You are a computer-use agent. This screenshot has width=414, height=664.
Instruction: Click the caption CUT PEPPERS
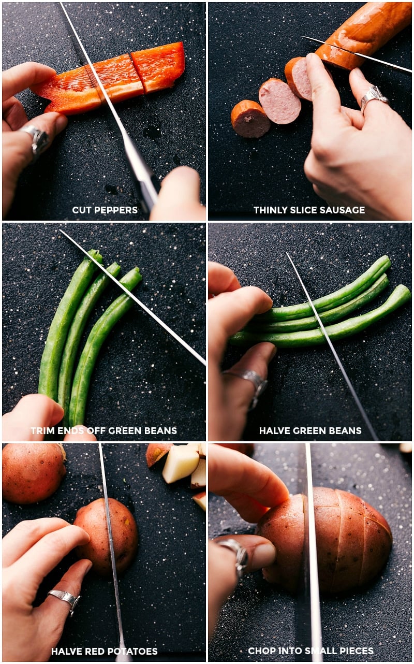(105, 210)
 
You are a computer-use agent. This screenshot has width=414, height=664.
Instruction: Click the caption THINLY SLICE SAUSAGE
(309, 210)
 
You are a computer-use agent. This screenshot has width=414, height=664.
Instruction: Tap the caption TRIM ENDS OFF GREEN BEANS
(103, 430)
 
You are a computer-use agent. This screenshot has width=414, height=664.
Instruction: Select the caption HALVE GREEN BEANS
(310, 430)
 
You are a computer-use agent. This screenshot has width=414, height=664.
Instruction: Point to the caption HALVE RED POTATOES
(104, 651)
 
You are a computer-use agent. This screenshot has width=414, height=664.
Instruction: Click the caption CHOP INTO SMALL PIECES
(310, 651)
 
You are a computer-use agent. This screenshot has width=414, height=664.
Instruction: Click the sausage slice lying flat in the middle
(279, 101)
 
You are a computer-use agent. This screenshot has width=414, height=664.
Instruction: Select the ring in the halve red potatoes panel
(65, 598)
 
